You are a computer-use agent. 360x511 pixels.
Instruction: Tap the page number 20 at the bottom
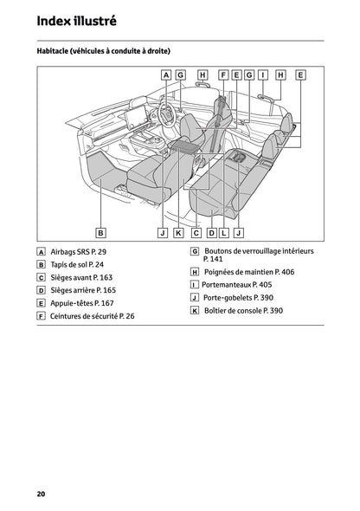41,494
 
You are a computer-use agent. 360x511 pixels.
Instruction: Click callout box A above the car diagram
166,75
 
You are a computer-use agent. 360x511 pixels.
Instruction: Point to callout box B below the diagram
100,232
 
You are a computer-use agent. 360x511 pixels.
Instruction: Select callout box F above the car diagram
223,75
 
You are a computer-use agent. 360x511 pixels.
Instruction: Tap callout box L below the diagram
224,232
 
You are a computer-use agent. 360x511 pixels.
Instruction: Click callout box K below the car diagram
178,232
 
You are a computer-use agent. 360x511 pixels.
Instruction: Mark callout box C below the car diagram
196,232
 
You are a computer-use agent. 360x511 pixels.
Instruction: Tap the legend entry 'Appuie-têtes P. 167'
82,303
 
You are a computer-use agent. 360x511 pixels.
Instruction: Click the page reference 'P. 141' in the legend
213,259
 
